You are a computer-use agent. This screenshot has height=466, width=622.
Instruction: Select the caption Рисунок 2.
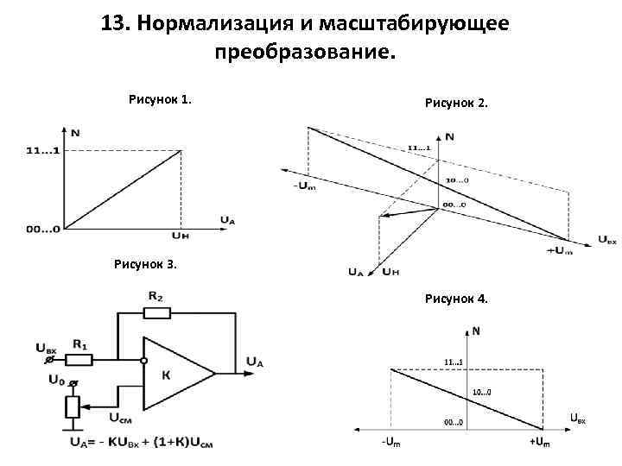point(456,103)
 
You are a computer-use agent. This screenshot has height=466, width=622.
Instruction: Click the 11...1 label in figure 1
point(42,151)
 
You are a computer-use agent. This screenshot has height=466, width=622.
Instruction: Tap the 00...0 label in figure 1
point(42,229)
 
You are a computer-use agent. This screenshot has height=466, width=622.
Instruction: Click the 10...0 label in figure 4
point(481,393)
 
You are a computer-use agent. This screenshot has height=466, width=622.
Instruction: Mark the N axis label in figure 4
point(476,330)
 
